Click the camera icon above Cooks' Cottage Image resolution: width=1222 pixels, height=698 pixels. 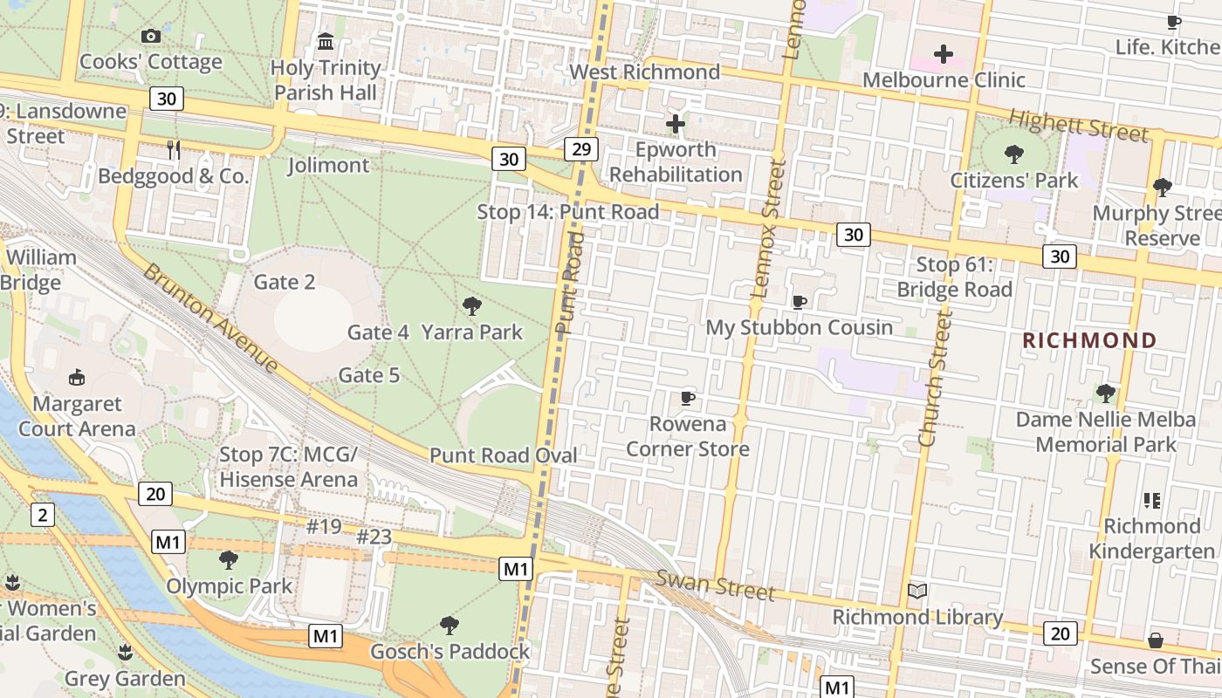[x=151, y=36]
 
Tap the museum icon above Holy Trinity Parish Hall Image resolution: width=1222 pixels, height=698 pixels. [x=326, y=41]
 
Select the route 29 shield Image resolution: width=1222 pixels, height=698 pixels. [x=580, y=149]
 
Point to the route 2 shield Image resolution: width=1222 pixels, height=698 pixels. [x=42, y=515]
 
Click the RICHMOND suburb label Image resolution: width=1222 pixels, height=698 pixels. [x=1089, y=340]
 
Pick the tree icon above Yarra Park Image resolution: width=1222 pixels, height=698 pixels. [x=472, y=305]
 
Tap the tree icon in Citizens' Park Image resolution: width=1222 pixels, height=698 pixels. [x=1014, y=154]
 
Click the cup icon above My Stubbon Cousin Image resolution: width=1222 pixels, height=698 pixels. [x=799, y=302]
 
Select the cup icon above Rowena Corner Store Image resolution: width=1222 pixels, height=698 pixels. [x=688, y=398]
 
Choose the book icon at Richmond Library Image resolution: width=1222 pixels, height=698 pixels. [x=916, y=592]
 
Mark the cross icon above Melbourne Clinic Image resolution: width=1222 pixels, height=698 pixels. [x=944, y=54]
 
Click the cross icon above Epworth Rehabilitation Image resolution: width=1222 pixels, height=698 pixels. [x=675, y=124]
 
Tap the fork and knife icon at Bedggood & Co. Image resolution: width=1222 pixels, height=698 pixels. [x=174, y=150]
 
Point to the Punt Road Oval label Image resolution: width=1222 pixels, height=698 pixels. [x=504, y=455]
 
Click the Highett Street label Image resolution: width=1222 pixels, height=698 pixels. [x=1078, y=127]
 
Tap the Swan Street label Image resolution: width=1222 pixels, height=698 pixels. [x=715, y=585]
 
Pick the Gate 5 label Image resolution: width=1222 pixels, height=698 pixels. [x=369, y=375]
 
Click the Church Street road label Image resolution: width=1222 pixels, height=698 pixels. [x=932, y=381]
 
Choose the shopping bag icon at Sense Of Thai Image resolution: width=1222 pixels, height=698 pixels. [x=1156, y=640]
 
